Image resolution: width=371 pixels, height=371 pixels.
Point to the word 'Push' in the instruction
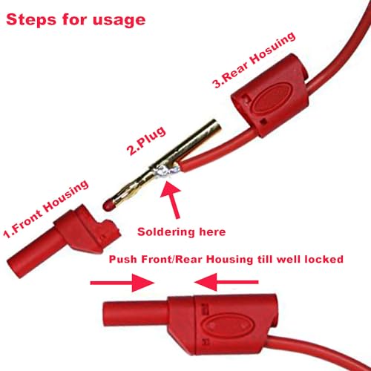pos(124,260)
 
